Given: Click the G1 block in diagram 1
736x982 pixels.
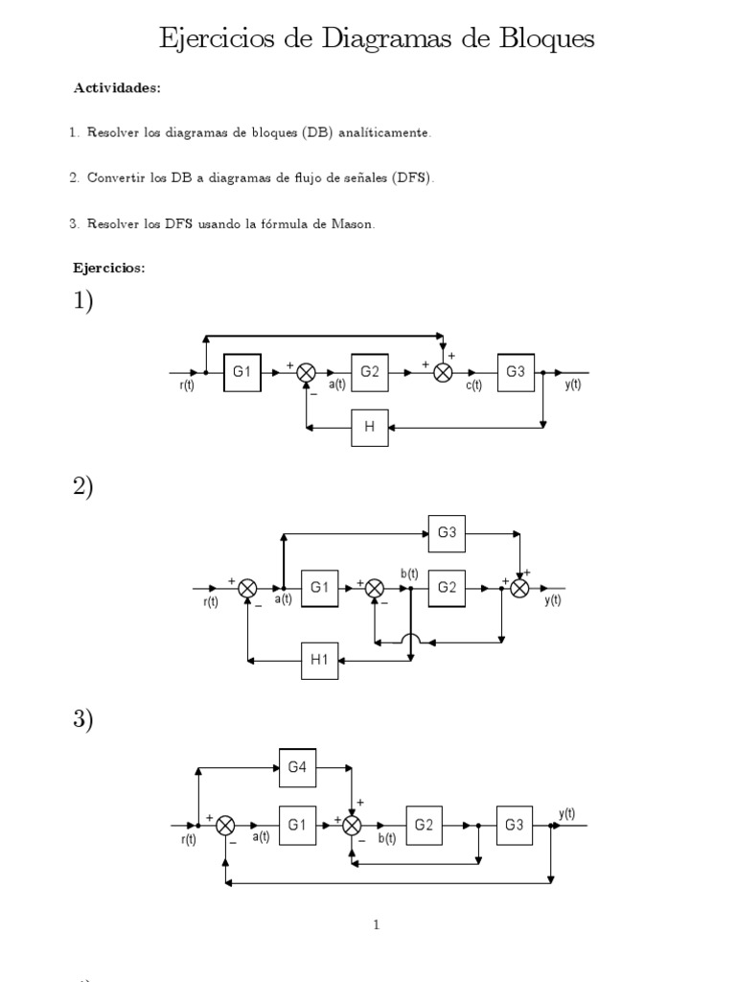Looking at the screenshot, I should pyautogui.click(x=243, y=373).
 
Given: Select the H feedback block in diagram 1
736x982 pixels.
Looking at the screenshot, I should pyautogui.click(x=370, y=428).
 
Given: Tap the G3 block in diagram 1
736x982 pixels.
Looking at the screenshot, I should pyautogui.click(x=516, y=373).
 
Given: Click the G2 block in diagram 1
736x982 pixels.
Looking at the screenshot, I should pyautogui.click(x=370, y=373).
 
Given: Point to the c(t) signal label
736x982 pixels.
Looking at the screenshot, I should pyautogui.click(x=474, y=386).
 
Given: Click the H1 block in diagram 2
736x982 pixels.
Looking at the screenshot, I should pyautogui.click(x=320, y=659).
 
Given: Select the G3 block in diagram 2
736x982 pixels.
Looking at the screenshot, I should pyautogui.click(x=447, y=533).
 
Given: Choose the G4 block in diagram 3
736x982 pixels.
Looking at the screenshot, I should pyautogui.click(x=298, y=766).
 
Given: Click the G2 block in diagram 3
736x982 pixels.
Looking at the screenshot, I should pyautogui.click(x=425, y=824).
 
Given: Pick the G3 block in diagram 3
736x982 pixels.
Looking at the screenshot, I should pyautogui.click(x=516, y=824).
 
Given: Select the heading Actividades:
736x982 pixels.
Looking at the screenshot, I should pyautogui.click(x=117, y=88).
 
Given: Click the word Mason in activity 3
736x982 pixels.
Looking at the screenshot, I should pyautogui.click(x=355, y=223).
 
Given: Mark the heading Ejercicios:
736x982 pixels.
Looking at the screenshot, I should pyautogui.click(x=109, y=269).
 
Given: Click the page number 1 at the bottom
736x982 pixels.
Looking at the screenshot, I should pyautogui.click(x=377, y=925).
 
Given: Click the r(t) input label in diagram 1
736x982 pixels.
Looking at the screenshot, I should pyautogui.click(x=188, y=386).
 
